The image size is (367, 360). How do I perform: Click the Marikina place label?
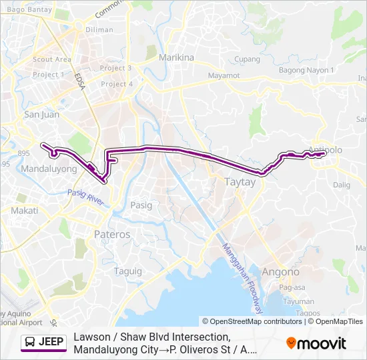176,57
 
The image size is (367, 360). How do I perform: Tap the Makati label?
25,210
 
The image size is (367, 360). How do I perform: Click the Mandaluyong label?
49,169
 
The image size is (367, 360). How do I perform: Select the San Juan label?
41,115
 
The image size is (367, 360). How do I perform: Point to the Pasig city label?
141,205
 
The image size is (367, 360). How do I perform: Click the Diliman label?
99,29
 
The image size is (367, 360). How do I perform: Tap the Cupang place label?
247,59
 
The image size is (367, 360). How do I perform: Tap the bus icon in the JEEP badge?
31,343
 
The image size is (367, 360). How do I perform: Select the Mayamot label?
224,75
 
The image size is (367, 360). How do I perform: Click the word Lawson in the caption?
93,337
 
